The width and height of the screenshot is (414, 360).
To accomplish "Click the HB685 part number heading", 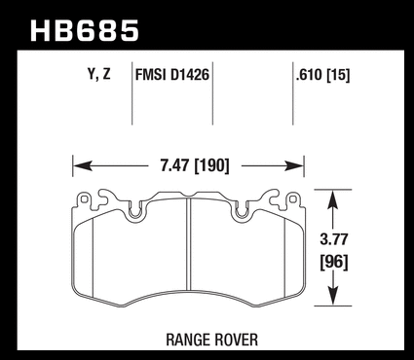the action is point(85,31).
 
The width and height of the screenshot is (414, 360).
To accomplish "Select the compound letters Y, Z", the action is point(99,75).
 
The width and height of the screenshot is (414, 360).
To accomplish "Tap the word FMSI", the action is point(149,75).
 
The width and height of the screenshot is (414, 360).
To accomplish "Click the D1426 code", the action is point(188,75).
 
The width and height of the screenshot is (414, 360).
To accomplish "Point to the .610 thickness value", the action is point(309,75).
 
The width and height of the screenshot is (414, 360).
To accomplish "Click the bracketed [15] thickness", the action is point(338,76).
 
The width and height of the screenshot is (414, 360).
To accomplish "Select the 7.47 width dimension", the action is point(174,165).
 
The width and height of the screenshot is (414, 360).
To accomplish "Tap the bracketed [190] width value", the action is point(211,166).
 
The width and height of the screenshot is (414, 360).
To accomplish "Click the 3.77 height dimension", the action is point(334,239).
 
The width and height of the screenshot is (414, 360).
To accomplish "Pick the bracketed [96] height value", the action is point(334,262).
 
